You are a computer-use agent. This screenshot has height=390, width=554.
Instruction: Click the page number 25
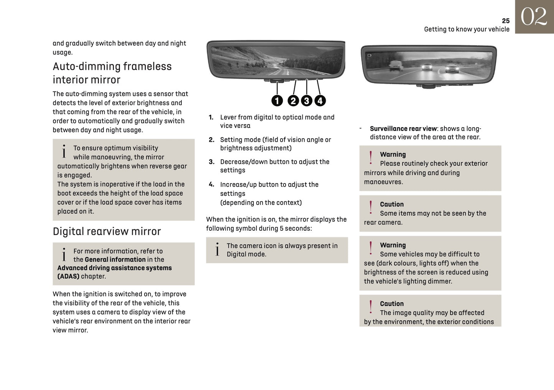point(505,21)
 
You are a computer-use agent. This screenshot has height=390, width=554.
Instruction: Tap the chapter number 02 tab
point(534,17)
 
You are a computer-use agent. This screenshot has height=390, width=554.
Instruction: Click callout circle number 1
point(277,101)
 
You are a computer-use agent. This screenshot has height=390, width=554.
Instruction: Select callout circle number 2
point(293,101)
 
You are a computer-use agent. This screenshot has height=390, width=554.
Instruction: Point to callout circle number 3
point(306,101)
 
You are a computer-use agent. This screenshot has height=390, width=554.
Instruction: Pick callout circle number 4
point(320,101)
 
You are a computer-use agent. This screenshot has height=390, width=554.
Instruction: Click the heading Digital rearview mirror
point(107,231)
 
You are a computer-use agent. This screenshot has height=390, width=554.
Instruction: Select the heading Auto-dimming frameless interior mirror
point(112,73)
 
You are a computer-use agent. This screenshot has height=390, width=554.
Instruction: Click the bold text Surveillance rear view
point(403,129)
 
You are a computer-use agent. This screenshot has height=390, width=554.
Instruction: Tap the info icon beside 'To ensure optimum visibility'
point(64,151)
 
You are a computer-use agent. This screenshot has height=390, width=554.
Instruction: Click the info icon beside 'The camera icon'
point(217,249)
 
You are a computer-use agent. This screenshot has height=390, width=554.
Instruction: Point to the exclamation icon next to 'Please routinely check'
point(370,158)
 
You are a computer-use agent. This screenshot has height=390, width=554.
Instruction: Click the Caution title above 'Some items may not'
point(391,204)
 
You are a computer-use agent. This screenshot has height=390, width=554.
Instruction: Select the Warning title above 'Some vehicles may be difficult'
point(393,245)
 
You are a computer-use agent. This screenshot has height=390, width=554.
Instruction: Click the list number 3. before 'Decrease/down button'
point(211,162)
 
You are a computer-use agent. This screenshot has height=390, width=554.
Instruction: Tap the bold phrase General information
point(115,259)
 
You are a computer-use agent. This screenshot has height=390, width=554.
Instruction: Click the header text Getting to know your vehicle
point(467,29)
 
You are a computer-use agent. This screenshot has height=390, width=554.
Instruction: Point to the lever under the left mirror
point(277,81)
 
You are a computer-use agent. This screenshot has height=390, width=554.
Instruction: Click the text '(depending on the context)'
point(261,203)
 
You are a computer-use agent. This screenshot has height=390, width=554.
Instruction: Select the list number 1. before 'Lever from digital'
point(211,117)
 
